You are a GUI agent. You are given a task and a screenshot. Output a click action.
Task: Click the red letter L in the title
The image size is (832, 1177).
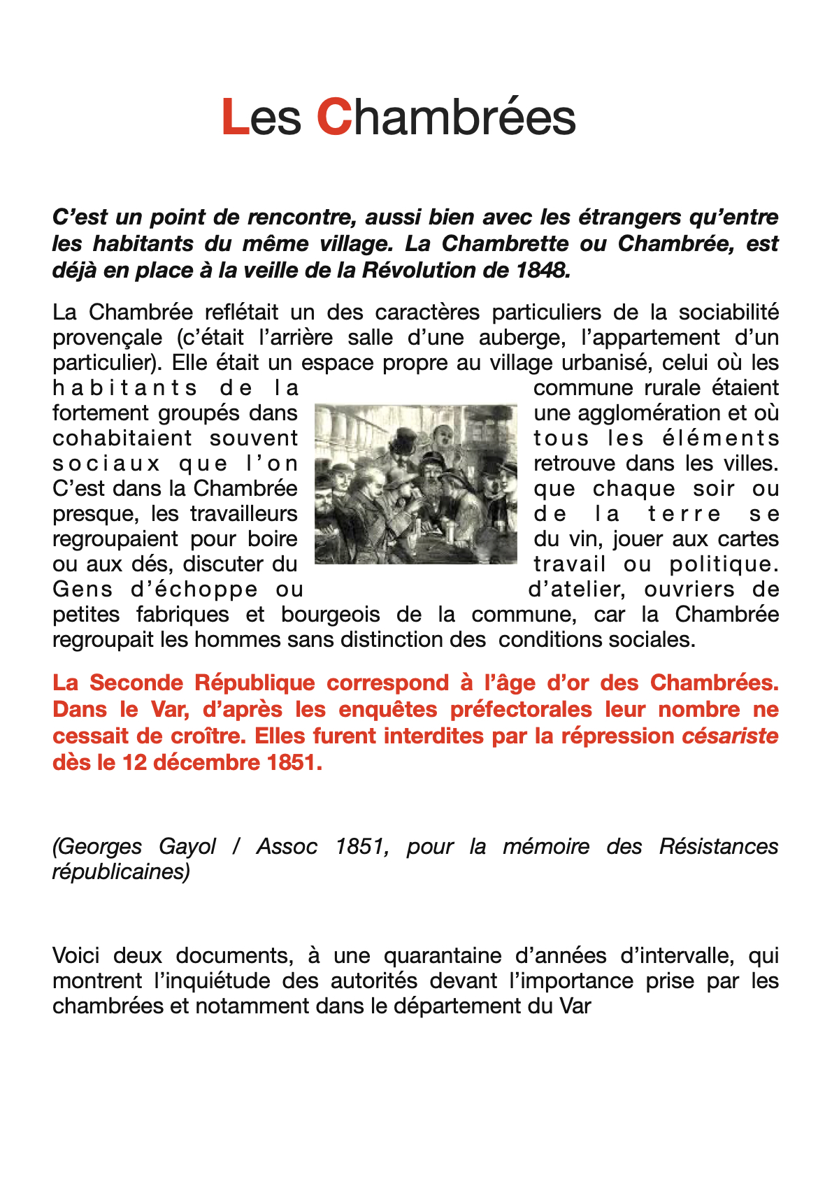(x=236, y=117)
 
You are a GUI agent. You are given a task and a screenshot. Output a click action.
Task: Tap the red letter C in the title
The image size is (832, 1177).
(x=333, y=117)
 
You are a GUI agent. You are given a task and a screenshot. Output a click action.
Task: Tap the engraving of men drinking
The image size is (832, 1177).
(x=416, y=484)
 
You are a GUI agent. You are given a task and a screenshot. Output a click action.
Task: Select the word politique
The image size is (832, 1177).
(x=724, y=564)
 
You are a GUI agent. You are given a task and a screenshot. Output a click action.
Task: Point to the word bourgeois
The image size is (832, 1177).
(x=331, y=615)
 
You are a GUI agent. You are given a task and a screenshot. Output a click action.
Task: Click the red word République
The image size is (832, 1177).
(x=254, y=683)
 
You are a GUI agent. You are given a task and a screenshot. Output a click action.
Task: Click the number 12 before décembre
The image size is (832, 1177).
(x=134, y=762)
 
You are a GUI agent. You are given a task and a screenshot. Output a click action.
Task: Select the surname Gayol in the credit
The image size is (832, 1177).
(x=187, y=847)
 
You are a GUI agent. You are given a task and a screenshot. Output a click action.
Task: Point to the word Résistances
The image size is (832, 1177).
(x=718, y=847)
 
